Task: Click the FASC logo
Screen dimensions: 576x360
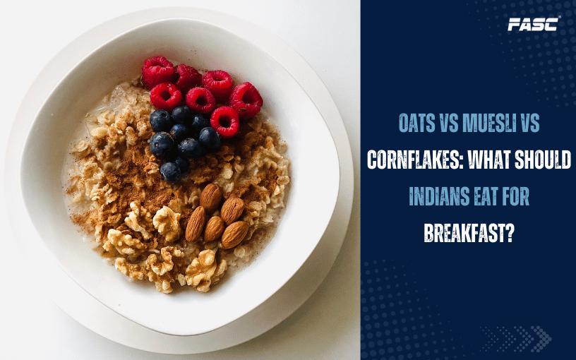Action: point(534,24)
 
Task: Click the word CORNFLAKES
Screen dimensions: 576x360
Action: point(413,160)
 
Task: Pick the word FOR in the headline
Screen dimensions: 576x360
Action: point(517,196)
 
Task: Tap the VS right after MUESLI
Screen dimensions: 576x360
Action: point(529,123)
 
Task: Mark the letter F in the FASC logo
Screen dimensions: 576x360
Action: point(514,25)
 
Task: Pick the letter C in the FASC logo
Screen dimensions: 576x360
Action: point(552,24)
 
